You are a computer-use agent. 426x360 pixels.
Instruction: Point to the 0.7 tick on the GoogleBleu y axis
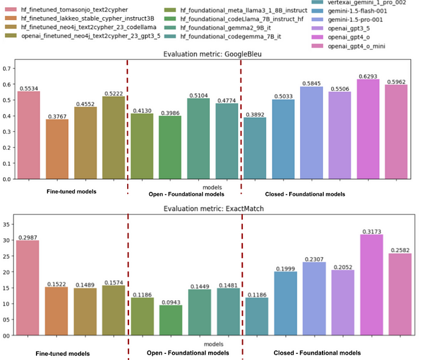pos(9,68)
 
